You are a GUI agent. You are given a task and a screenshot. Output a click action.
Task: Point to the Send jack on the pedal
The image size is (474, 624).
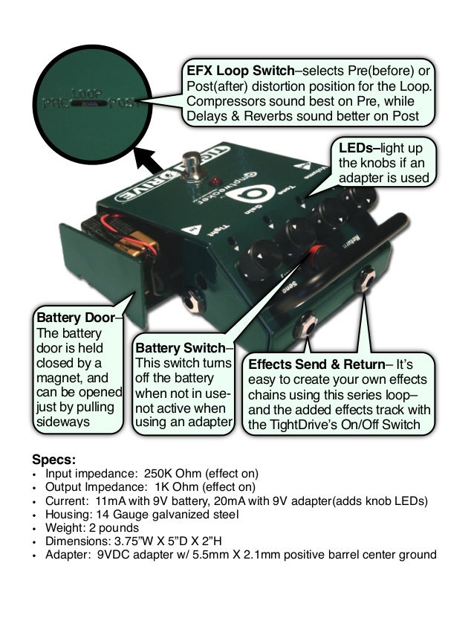pos(307,324)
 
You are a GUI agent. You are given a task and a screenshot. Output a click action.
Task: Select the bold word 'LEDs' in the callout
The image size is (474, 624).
pos(355,149)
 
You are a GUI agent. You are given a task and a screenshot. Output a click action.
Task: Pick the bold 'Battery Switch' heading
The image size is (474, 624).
pos(181,347)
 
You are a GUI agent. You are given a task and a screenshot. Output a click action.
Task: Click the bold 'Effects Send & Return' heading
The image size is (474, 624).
pos(317,365)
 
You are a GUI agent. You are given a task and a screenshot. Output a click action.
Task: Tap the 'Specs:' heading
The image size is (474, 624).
pos(54,459)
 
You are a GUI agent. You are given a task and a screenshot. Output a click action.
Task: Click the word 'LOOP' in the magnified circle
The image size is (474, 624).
pos(88,94)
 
